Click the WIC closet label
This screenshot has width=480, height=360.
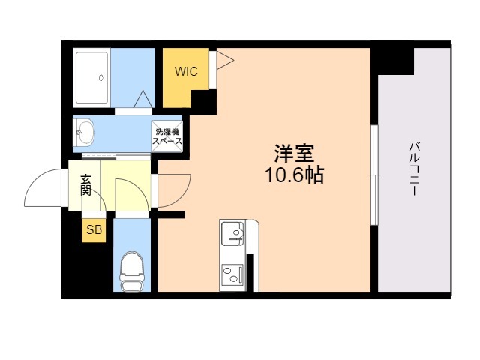point(186,71)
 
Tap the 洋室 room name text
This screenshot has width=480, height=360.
point(294,153)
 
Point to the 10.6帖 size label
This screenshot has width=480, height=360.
point(294,175)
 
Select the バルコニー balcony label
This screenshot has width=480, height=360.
point(413,169)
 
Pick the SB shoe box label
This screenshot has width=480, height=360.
point(94,229)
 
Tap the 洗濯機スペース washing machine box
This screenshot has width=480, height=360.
point(167,136)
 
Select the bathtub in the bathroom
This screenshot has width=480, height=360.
point(91,78)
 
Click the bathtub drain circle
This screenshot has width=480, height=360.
point(101,78)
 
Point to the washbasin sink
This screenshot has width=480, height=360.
point(85,133)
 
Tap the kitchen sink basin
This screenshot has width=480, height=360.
point(232,233)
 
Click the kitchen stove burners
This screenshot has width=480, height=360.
point(232,274)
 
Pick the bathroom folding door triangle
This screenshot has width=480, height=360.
point(143,99)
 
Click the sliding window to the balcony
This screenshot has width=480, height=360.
point(375,175)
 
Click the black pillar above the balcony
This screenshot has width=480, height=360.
point(392,61)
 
